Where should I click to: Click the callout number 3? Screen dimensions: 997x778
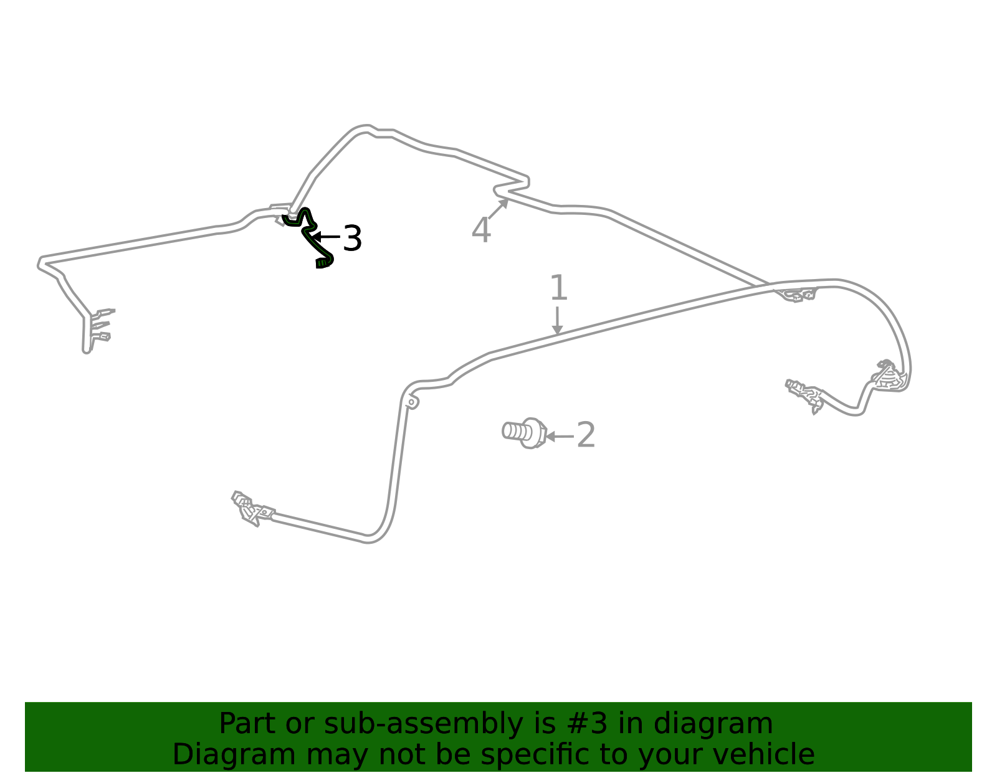[x=352, y=238]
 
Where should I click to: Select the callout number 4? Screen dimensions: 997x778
[x=481, y=230]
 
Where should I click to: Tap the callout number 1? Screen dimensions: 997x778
[x=559, y=287]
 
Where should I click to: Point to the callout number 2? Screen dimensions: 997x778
[x=586, y=435]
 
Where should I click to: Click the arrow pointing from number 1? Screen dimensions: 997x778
[x=557, y=320]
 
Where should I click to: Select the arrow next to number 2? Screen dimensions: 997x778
[x=560, y=437]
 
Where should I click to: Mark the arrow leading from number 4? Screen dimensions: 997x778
[x=499, y=209]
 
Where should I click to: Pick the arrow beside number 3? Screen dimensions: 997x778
[x=326, y=237]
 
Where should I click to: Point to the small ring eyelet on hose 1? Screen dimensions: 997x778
[x=411, y=402]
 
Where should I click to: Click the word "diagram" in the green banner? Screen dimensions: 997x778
[x=713, y=723]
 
